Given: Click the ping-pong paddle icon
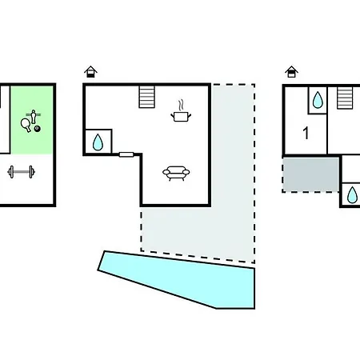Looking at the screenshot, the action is coord(26,125).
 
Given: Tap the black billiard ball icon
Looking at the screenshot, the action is coord(38,129).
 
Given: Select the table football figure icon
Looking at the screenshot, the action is coord(34,117).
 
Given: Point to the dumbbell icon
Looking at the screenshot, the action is coord(22,172).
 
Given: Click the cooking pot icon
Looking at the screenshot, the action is coord(181,117).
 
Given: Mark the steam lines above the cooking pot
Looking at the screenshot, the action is coord(181,105).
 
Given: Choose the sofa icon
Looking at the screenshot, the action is coord(176,174).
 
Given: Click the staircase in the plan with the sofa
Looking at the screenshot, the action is coord(147,97).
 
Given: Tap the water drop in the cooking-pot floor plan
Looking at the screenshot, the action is coord(98,142).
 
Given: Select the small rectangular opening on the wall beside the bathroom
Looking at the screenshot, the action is coord(126,154).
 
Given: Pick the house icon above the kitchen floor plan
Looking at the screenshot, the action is coord(90,71).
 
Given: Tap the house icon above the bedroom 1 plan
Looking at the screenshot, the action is coord(291,71).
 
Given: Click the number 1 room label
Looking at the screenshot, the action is coord(306,133).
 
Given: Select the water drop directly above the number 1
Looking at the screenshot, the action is coord(318,100).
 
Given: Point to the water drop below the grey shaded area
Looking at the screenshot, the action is coord(352,195).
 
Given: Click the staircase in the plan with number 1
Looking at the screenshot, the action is coord(345,98).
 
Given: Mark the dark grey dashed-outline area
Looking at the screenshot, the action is coord(311,175).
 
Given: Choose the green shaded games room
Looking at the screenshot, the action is coord(31,120).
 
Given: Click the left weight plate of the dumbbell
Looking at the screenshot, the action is coord(11,172).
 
